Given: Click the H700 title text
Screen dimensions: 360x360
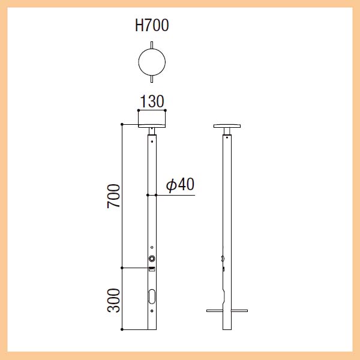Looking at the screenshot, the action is tap(152, 25).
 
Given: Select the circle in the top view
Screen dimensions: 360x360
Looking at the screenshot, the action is tap(138, 62).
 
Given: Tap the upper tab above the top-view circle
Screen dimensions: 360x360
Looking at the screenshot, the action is tap(152, 45).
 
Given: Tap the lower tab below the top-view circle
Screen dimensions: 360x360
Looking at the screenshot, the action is tap(152, 79).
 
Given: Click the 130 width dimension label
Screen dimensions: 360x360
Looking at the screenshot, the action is tap(152, 101).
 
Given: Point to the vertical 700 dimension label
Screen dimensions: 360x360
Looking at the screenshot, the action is tap(113, 196).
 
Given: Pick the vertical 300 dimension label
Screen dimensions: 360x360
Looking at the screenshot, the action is tap(113, 301).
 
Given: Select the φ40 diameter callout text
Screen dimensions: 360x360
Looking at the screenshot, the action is tap(181, 184).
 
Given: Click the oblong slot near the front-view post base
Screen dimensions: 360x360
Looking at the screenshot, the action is tap(152, 296).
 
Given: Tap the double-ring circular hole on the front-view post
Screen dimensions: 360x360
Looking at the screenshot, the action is tap(152, 259).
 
